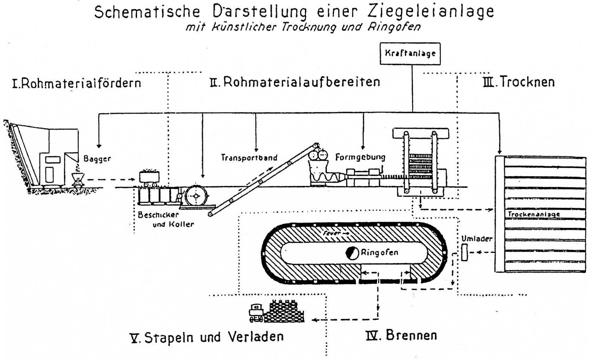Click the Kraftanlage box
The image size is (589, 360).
[410, 54]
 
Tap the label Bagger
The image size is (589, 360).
[97, 159]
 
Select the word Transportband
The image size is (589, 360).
[249, 158]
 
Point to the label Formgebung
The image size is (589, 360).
[360, 157]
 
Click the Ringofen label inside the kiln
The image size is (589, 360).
[379, 252]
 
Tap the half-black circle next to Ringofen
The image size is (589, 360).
[352, 253]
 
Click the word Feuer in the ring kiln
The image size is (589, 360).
[331, 233]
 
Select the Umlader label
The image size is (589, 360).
[477, 239]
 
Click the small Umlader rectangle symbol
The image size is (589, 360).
[465, 253]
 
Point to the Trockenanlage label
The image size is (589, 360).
[534, 214]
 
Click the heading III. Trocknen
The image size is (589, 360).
[519, 82]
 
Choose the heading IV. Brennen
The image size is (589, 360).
[401, 335]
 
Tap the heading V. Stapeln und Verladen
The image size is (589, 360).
[207, 337]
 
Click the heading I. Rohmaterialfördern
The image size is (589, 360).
[76, 83]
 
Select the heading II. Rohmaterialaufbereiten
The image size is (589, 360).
[294, 82]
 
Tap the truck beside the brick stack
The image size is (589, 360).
[256, 313]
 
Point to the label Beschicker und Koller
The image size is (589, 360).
[165, 219]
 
